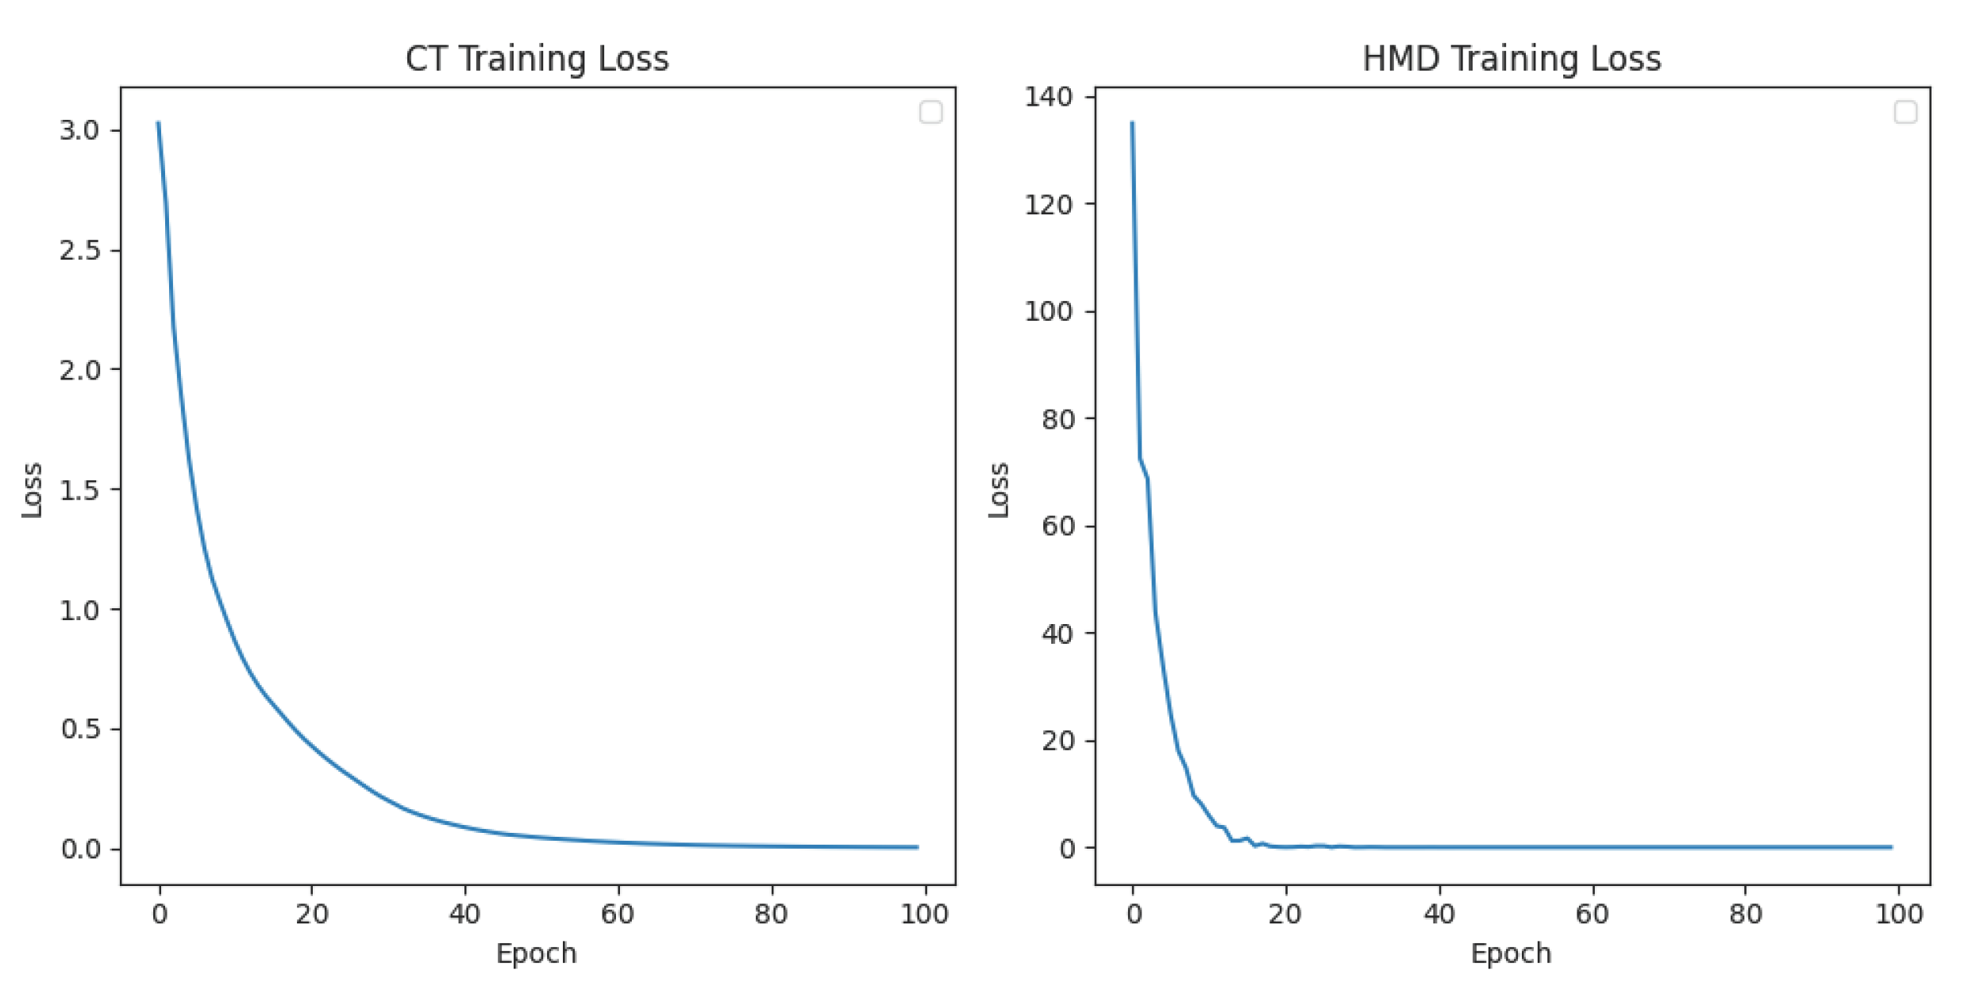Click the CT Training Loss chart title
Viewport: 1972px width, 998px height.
pos(537,60)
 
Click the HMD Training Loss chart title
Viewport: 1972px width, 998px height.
pos(1512,60)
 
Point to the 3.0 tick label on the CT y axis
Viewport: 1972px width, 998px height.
pos(79,130)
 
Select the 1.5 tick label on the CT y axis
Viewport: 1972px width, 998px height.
pos(79,490)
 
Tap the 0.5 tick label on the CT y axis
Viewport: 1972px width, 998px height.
pos(79,730)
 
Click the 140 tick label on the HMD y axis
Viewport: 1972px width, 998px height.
pos(1048,97)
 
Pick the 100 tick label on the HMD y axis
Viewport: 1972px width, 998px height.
pos(1048,311)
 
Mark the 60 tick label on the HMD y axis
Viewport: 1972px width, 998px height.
pos(1057,526)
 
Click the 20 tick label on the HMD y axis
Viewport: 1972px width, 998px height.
pos(1057,741)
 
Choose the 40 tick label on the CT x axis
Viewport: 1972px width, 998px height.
pos(464,915)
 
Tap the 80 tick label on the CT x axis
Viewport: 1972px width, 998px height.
pos(771,915)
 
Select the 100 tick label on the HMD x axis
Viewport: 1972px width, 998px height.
pos(1899,915)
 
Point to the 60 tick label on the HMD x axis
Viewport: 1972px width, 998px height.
pos(1593,915)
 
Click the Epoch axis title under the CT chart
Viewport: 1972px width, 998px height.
pos(537,954)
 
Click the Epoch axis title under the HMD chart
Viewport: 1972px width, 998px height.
pos(1511,954)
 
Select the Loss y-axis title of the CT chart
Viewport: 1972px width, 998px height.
pos(32,490)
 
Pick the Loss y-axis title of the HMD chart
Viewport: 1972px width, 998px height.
pos(999,490)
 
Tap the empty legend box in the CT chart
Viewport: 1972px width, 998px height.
pos(930,113)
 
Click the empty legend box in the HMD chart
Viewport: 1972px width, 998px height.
pos(1905,113)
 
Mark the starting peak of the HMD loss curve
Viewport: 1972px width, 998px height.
pos(1132,123)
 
